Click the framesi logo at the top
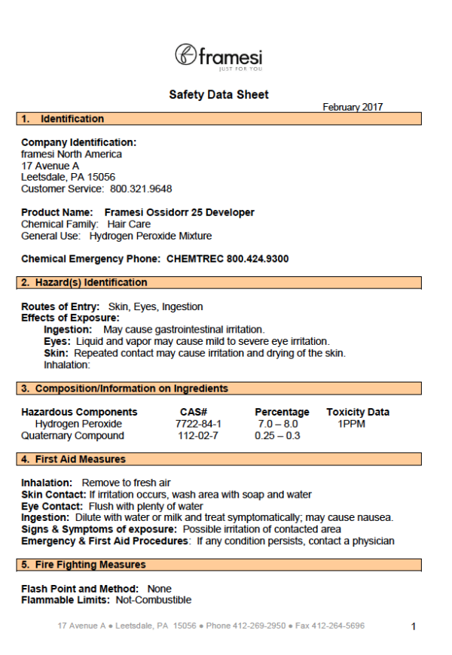click(218, 56)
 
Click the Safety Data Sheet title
click(218, 95)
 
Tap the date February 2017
click(352, 108)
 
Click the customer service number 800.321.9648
click(141, 188)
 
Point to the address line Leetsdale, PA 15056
click(68, 177)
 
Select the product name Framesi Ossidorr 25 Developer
click(179, 212)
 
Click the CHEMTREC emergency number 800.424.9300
click(258, 259)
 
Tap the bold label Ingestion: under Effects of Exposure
click(68, 330)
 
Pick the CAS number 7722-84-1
click(194, 424)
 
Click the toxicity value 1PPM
click(352, 424)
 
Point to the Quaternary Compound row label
click(72, 436)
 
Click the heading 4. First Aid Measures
click(82, 459)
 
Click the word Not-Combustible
click(154, 600)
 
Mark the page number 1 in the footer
click(414, 626)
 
